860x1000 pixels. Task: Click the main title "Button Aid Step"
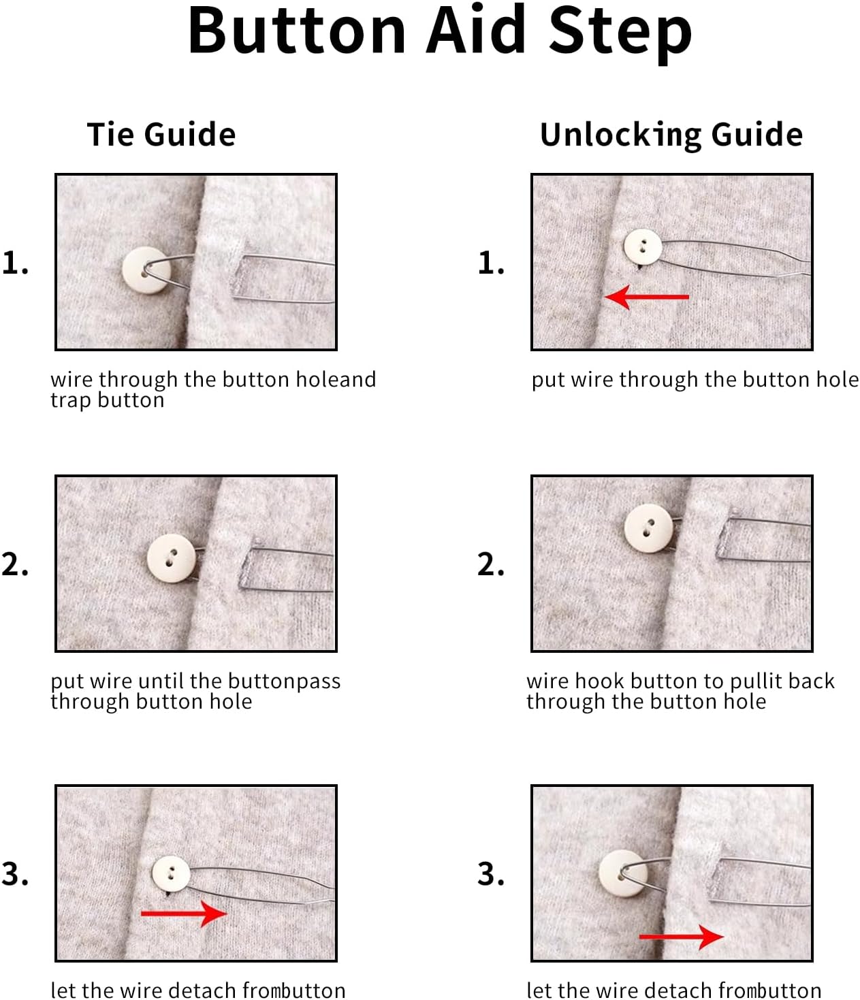click(x=439, y=31)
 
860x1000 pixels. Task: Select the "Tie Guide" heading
click(x=161, y=134)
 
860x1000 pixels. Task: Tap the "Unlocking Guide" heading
click(x=671, y=134)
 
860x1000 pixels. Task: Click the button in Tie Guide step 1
click(x=146, y=270)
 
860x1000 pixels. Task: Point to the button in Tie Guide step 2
click(x=172, y=558)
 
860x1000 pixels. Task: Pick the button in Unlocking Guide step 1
click(x=642, y=246)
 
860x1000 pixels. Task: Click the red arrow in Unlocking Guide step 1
click(x=647, y=297)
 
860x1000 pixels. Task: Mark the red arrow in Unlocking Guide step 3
click(x=682, y=937)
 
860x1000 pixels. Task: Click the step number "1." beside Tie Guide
click(x=16, y=263)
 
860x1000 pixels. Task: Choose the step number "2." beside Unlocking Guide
click(x=491, y=564)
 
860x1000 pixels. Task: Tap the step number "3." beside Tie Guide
click(x=16, y=873)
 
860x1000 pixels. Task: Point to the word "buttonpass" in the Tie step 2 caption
click(x=284, y=681)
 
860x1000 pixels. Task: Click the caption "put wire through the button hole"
click(x=695, y=379)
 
